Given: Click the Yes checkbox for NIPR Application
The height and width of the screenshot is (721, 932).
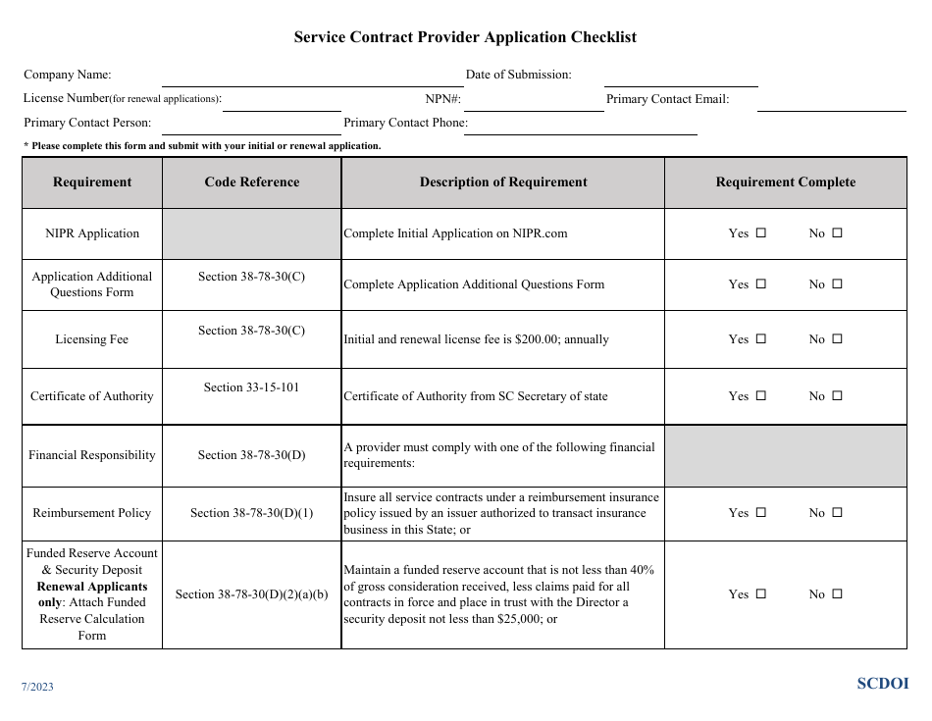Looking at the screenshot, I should pyautogui.click(x=760, y=233).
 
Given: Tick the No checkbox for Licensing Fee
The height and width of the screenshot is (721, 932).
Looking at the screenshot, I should pyautogui.click(x=837, y=339).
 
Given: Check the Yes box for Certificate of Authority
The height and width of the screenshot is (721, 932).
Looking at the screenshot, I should pyautogui.click(x=760, y=396).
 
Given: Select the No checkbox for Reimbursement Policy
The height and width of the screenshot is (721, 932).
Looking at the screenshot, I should pyautogui.click(x=837, y=512).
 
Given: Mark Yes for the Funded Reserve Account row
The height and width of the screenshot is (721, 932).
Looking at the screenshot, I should pyautogui.click(x=760, y=593).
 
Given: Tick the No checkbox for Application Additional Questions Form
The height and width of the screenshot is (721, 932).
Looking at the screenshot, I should pyautogui.click(x=837, y=284).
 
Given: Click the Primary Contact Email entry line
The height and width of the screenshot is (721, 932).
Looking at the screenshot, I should pyautogui.click(x=832, y=105).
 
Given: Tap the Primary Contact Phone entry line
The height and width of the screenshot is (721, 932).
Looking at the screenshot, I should pyautogui.click(x=580, y=129).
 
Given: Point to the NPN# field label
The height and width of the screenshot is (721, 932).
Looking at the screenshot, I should pyautogui.click(x=442, y=99).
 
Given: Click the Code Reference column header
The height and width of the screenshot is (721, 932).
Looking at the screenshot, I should pyautogui.click(x=252, y=182).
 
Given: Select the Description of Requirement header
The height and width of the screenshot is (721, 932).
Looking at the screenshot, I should pyautogui.click(x=503, y=182).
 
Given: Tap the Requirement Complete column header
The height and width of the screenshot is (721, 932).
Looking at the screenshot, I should pyautogui.click(x=785, y=182).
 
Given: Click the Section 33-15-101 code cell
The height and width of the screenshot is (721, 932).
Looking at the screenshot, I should pyautogui.click(x=252, y=387).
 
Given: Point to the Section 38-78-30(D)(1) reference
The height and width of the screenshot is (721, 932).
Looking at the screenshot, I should pyautogui.click(x=252, y=513).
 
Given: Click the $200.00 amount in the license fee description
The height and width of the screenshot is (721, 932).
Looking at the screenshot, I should pyautogui.click(x=528, y=339).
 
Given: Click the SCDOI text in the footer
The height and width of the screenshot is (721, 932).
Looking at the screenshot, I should pyautogui.click(x=883, y=684).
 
